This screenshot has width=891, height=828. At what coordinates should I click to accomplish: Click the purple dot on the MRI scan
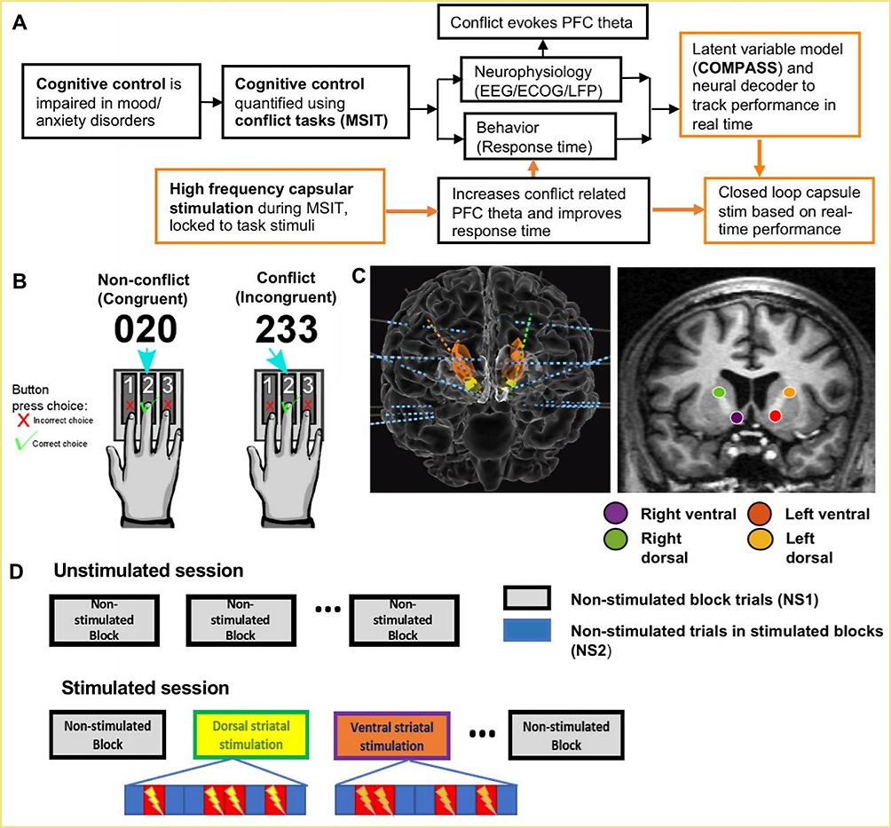(x=736, y=416)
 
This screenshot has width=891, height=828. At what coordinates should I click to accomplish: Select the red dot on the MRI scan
(x=775, y=415)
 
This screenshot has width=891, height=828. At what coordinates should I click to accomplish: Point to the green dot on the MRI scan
(x=719, y=391)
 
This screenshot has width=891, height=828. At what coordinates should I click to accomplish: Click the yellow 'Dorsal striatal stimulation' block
(x=251, y=735)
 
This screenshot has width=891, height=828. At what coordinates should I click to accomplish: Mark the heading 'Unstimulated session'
(x=149, y=571)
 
